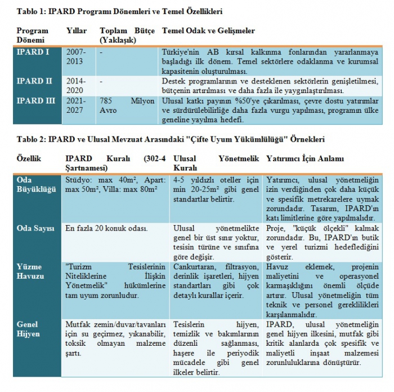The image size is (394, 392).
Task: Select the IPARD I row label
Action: click(33, 52)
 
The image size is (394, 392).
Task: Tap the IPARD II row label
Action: click(34, 81)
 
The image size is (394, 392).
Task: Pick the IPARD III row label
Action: click(35, 101)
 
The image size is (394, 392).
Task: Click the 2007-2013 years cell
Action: click(76, 56)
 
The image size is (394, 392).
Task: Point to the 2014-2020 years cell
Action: click(76, 85)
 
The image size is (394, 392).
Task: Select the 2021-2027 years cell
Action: click(76, 105)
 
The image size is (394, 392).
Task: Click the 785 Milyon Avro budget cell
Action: click(127, 105)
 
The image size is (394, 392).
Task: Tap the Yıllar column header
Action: click(77, 30)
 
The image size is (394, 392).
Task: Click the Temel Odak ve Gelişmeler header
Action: click(208, 30)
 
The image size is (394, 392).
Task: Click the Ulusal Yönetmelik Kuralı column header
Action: click(215, 163)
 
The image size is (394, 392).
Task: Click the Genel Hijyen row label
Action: click(28, 329)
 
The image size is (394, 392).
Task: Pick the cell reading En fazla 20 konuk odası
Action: click(106, 228)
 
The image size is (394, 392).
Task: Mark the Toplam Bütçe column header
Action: click(127, 35)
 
